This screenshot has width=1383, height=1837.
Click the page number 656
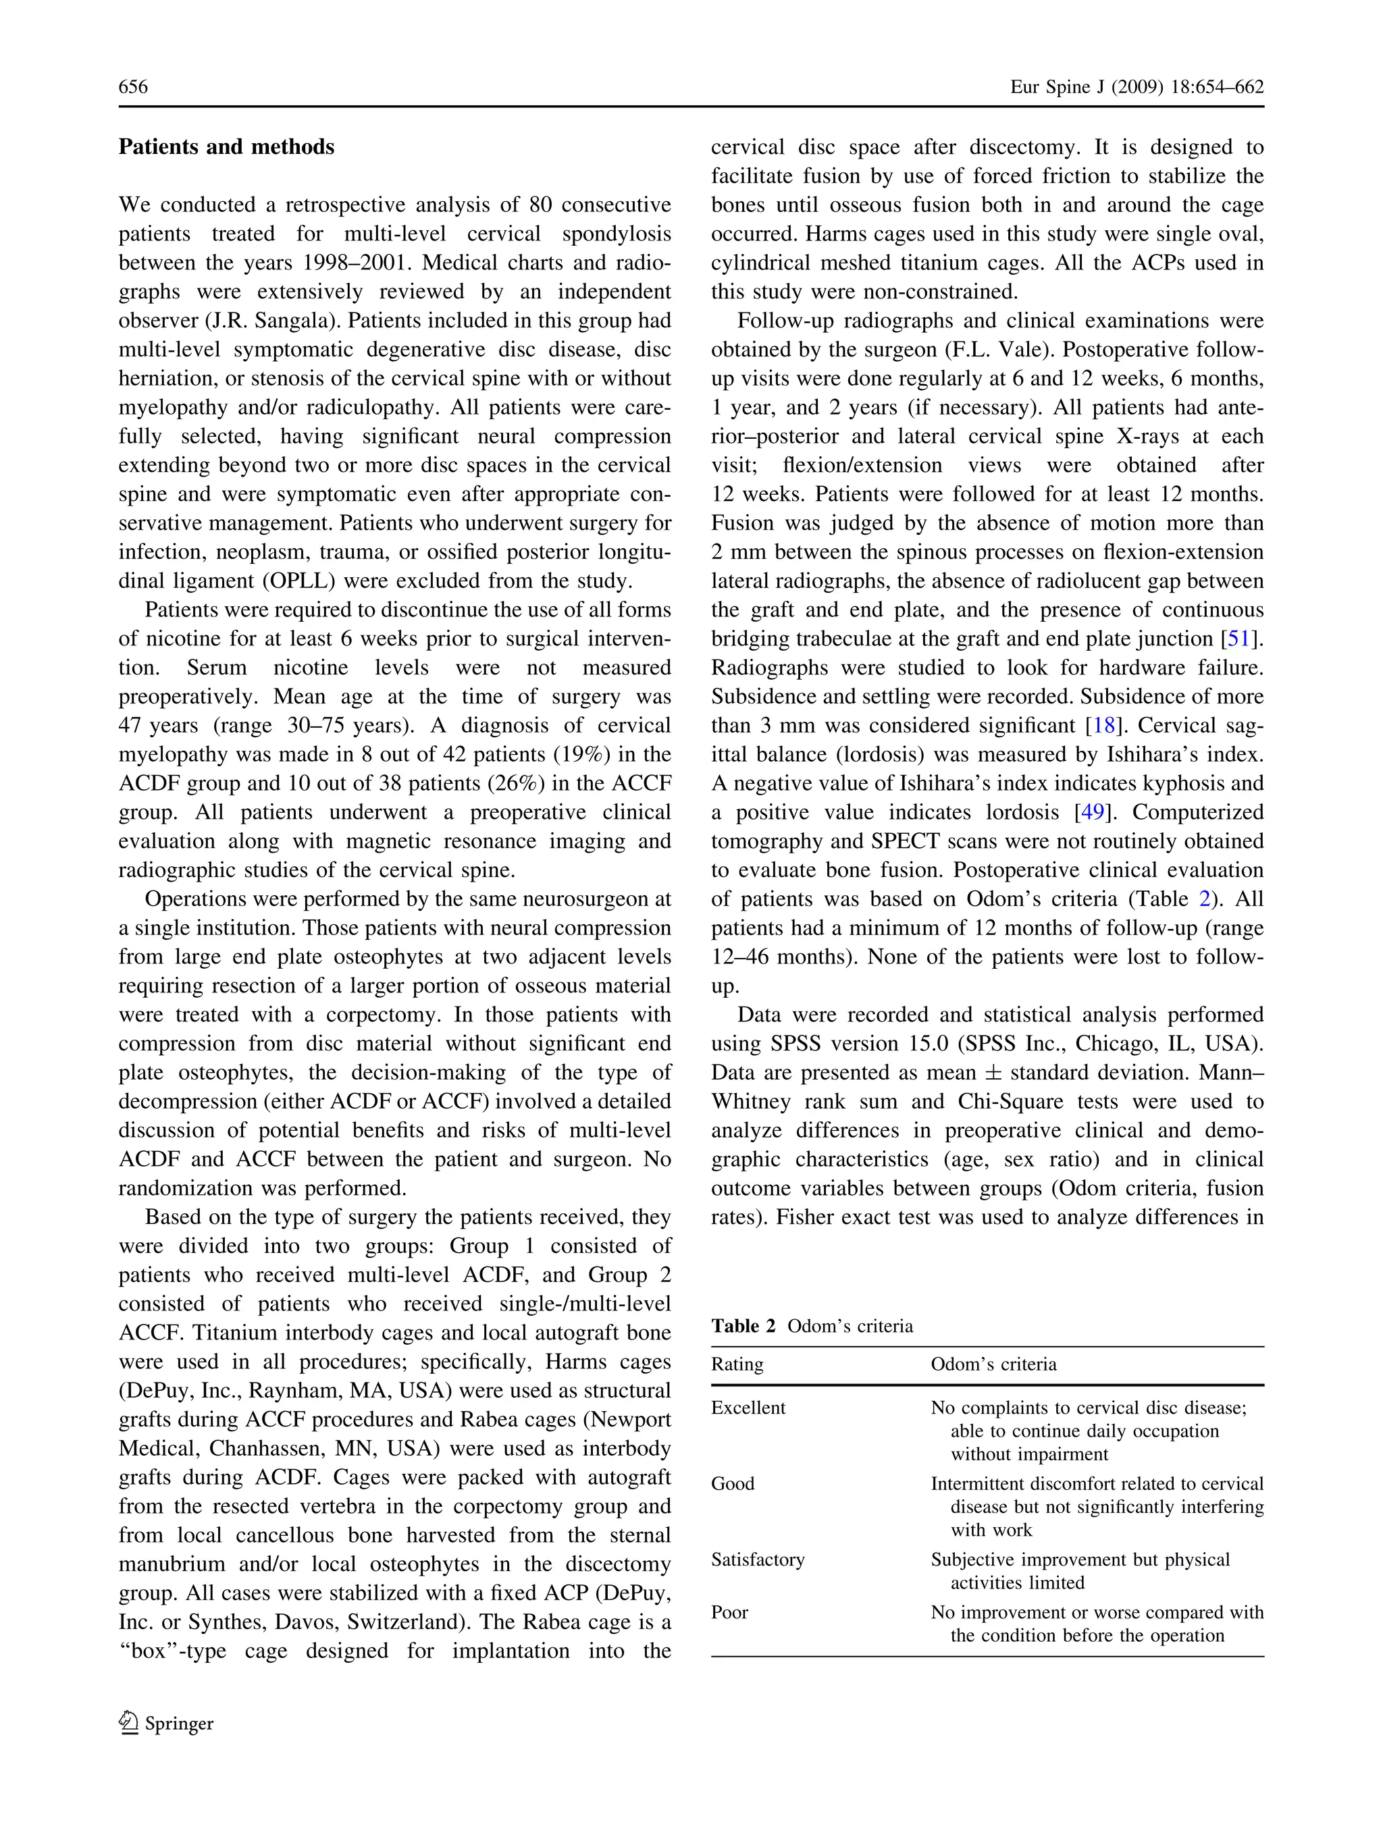click(x=133, y=87)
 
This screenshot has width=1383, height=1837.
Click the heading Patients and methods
click(x=226, y=147)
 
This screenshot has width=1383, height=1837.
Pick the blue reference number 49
click(x=1092, y=812)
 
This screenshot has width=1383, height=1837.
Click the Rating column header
click(x=737, y=1364)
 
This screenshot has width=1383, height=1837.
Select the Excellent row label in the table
click(x=748, y=1408)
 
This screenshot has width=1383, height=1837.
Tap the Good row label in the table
click(x=733, y=1483)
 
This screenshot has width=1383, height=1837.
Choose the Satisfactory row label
click(x=758, y=1560)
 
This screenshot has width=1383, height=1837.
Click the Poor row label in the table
click(x=729, y=1612)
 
